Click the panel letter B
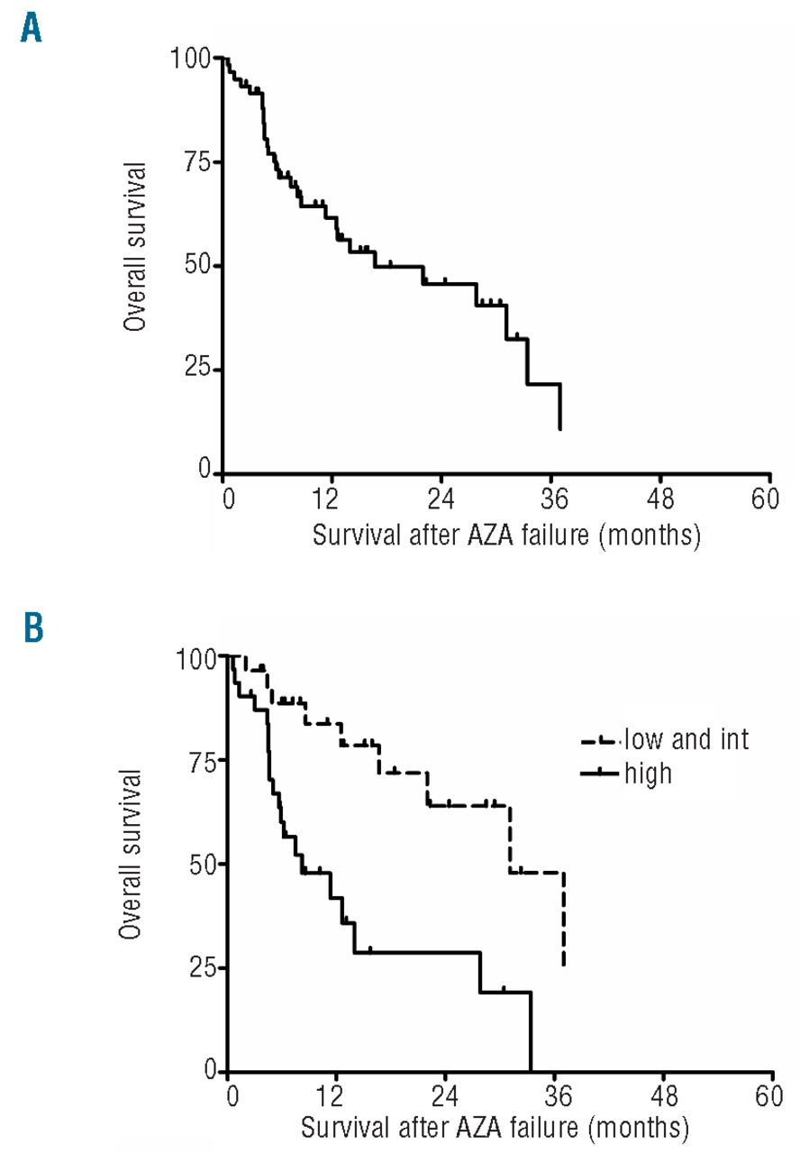pos(32,627)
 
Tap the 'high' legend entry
pos(647,773)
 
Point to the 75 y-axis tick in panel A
pos(196,162)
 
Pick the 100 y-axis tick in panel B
pos(195,658)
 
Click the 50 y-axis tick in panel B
pos(202,864)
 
